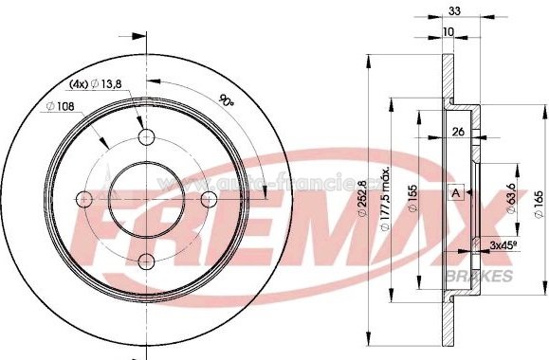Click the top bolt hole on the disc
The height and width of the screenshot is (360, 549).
pos(147,138)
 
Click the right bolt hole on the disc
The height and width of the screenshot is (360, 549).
pos(210,200)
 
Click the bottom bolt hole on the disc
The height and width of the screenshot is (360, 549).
pos(147,262)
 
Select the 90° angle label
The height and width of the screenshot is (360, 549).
pos(226,99)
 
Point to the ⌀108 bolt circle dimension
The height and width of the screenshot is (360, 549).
pos(63,105)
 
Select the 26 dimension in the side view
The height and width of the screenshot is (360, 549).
pos(459,132)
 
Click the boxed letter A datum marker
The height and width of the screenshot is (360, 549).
pos(457,193)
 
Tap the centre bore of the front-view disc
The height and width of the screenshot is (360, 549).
pos(147,200)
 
